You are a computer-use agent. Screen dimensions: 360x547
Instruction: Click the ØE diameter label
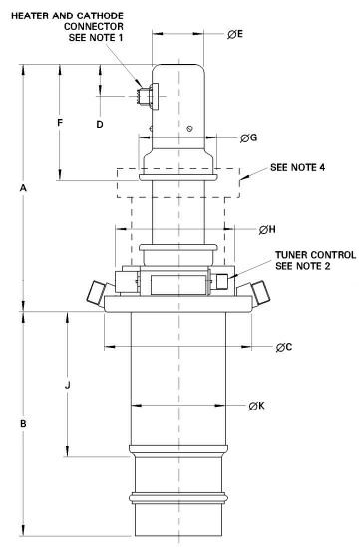tap(235, 34)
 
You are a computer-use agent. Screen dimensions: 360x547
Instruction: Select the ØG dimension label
tap(248, 138)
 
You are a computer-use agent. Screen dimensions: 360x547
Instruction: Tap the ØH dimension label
tap(267, 230)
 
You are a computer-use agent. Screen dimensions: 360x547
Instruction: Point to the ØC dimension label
tap(284, 347)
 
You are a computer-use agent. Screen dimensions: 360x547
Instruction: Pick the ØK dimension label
tap(256, 406)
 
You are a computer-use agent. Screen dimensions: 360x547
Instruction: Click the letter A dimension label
tap(23, 188)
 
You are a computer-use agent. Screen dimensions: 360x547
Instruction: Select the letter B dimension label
tap(23, 424)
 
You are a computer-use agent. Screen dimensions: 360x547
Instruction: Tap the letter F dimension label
tap(60, 123)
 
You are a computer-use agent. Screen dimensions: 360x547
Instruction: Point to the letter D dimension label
tap(100, 125)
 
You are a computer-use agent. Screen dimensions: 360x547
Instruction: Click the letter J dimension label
tap(68, 386)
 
